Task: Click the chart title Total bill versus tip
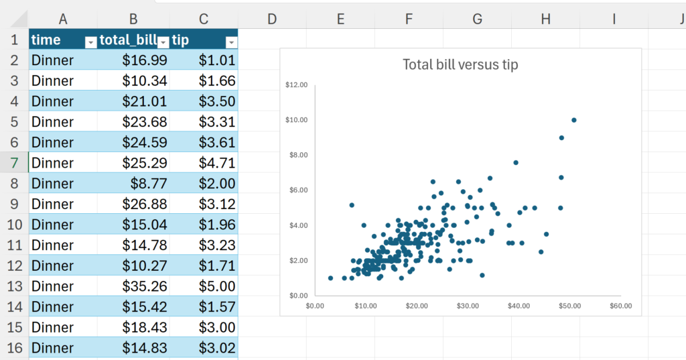click(460, 65)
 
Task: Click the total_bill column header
click(127, 40)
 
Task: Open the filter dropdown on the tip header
click(231, 42)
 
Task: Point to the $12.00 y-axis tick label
click(296, 85)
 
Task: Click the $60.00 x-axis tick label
click(620, 306)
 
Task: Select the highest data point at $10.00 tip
click(574, 120)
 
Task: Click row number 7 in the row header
click(14, 163)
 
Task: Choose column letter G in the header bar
click(477, 19)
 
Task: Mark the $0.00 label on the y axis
click(297, 295)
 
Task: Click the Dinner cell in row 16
click(53, 348)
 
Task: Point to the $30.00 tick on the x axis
click(468, 306)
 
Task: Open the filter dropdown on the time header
click(90, 42)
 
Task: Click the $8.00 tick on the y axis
click(297, 155)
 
